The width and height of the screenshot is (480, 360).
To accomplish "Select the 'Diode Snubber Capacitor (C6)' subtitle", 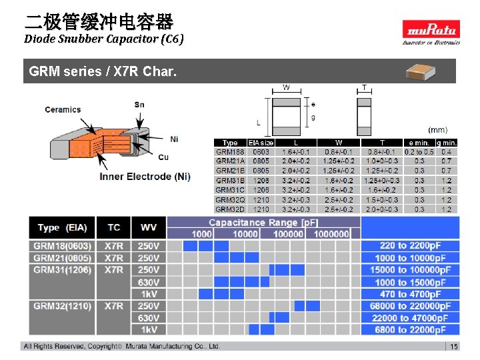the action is (x=103, y=39).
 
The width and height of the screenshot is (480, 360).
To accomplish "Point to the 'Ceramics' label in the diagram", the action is (x=63, y=109).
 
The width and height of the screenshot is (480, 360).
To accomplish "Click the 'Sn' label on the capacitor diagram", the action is (x=139, y=105).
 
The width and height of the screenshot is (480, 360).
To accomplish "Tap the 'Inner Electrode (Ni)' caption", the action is (x=145, y=177).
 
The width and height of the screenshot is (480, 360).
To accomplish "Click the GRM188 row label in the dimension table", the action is (x=229, y=151).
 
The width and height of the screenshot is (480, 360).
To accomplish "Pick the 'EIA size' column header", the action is (x=261, y=142).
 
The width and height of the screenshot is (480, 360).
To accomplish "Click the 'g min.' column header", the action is (x=446, y=142).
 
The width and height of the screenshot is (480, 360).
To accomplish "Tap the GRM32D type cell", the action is (x=230, y=209).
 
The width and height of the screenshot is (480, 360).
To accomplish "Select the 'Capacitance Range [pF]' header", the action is (x=263, y=222).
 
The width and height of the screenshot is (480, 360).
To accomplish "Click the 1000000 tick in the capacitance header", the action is (x=331, y=233).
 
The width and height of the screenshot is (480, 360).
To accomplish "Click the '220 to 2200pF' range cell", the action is (x=410, y=246).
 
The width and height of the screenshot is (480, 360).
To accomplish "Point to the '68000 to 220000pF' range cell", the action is (x=410, y=305).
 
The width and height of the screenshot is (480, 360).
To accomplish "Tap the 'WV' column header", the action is (x=149, y=227).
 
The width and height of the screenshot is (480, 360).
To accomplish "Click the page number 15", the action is (x=454, y=347).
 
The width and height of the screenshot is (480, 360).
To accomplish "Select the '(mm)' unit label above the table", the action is (x=438, y=129).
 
